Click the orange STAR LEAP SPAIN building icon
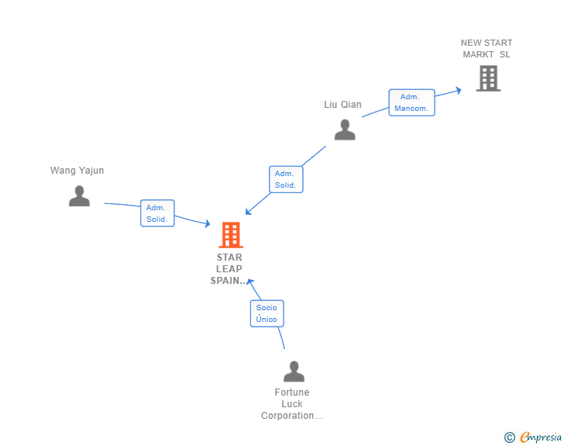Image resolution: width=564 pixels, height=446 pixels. [x=231, y=234]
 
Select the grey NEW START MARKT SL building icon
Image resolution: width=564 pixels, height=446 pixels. [x=488, y=78]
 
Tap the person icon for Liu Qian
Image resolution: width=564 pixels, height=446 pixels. [x=345, y=130]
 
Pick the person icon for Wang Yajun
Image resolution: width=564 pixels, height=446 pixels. [x=79, y=196]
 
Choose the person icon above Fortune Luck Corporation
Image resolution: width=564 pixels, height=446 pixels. [x=294, y=372]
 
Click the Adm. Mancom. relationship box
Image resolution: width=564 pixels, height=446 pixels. [x=411, y=102]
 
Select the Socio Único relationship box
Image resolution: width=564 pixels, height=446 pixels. [x=267, y=313]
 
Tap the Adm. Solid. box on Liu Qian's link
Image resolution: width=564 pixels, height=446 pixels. [x=285, y=179]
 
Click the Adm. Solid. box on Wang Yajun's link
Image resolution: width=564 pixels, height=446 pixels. [x=156, y=213]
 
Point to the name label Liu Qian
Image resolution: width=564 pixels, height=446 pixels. [x=342, y=105]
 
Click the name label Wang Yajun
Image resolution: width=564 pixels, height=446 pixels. [x=77, y=171]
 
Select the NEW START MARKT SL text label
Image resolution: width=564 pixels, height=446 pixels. [x=487, y=49]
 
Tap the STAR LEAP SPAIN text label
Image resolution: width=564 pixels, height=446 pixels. [x=229, y=268]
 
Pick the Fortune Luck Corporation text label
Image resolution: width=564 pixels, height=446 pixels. [x=291, y=404]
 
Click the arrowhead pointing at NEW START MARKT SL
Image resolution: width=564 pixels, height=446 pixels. [x=458, y=90]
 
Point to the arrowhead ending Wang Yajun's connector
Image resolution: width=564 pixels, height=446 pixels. [x=207, y=224]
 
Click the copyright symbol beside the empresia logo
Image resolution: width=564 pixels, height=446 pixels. [x=510, y=437]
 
